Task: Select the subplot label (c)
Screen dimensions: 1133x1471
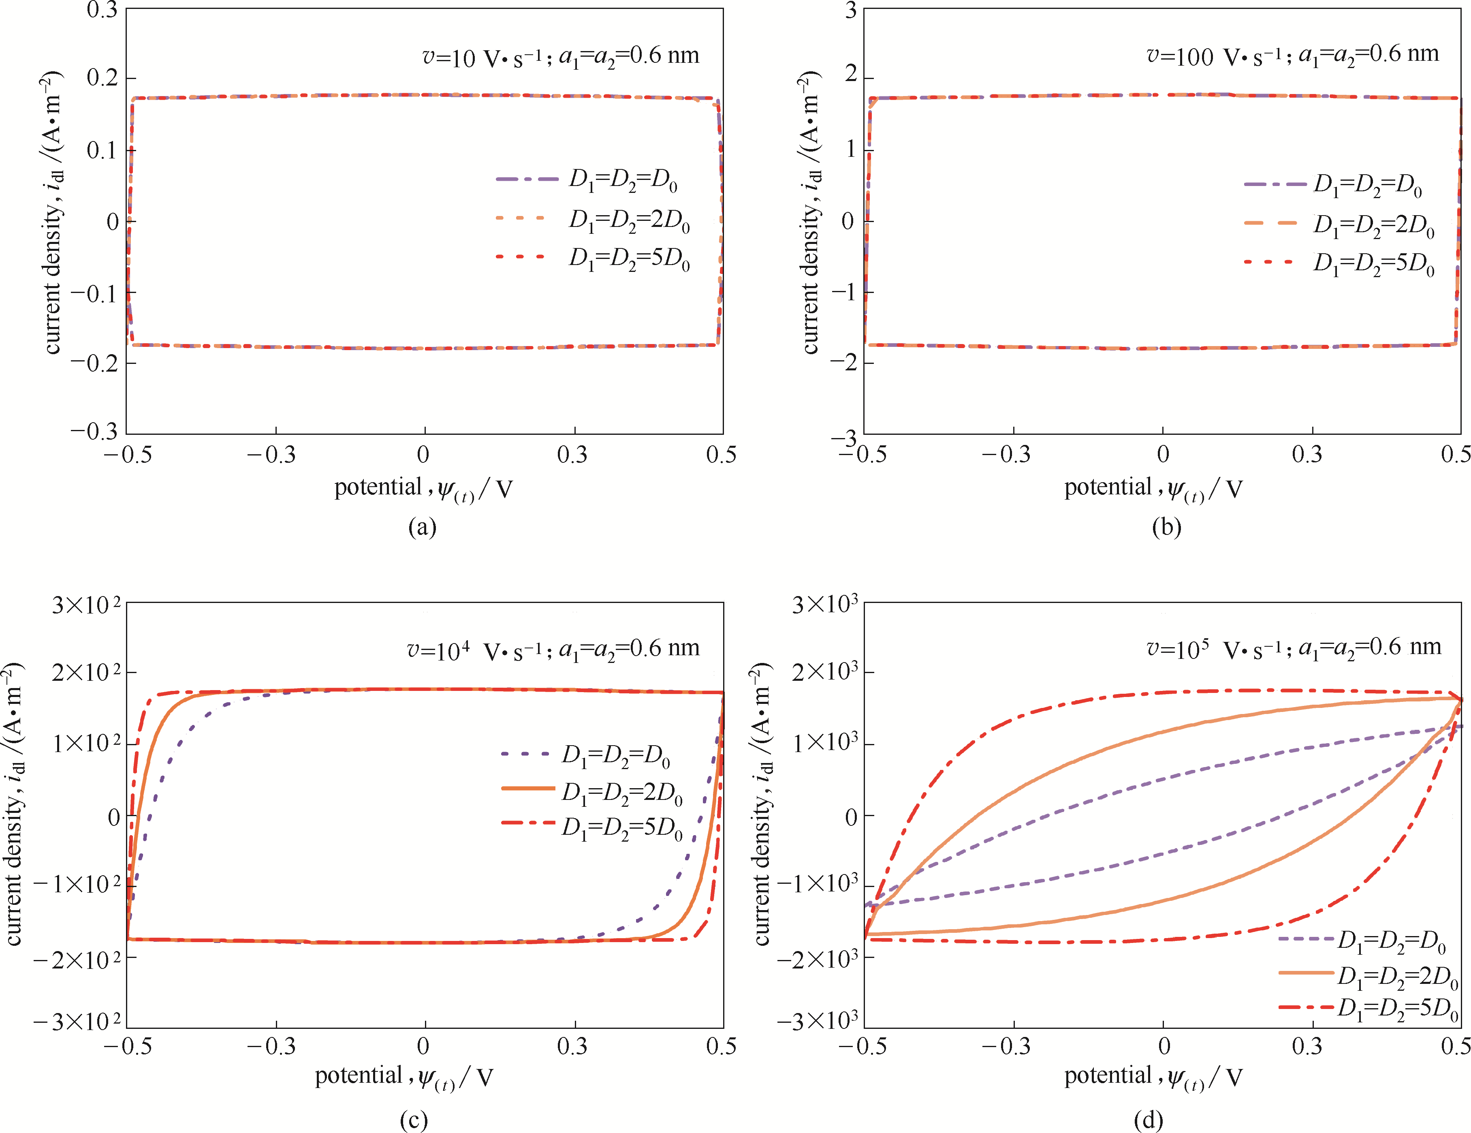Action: (x=414, y=1120)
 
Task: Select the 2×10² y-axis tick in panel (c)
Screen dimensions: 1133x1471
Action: (x=86, y=672)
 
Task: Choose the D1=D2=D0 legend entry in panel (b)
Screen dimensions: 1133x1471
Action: (x=1367, y=185)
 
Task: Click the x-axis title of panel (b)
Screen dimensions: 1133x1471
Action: (x=1153, y=488)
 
